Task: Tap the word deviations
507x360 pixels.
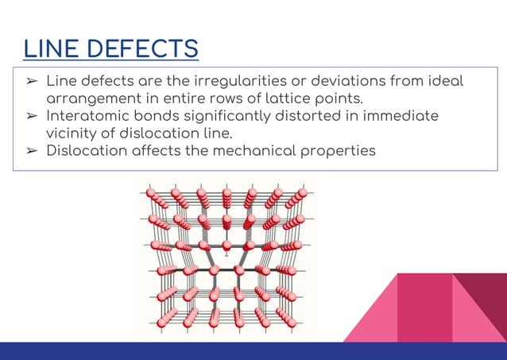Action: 345,83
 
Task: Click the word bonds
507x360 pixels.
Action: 171,116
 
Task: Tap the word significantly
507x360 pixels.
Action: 250,117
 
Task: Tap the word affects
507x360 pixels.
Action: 171,149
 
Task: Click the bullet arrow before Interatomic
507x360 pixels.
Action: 31,117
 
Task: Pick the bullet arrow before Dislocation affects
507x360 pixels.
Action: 31,150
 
